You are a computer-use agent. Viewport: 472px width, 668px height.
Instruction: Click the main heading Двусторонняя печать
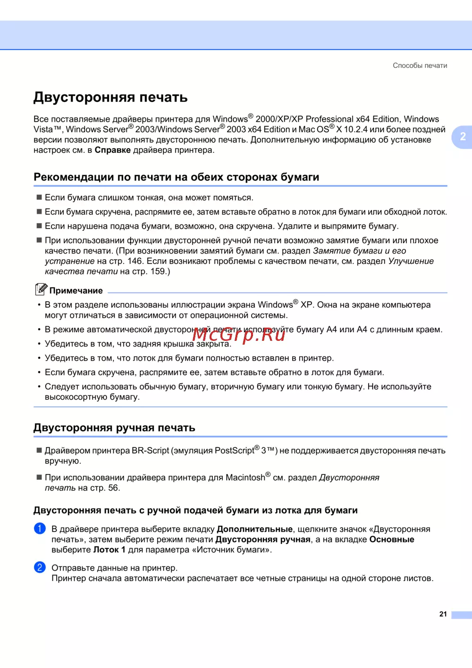(x=110, y=97)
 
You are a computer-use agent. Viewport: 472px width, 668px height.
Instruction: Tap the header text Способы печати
(x=420, y=66)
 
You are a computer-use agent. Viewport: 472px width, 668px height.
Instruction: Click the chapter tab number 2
(x=463, y=137)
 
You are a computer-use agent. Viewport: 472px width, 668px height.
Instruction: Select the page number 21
(x=443, y=614)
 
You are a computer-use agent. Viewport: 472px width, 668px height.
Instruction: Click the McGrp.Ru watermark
(x=239, y=334)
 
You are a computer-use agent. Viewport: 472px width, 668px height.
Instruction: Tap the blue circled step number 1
(x=40, y=529)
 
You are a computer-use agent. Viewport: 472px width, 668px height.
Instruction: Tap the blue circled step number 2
(x=40, y=567)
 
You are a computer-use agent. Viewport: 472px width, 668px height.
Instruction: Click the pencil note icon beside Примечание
(x=41, y=289)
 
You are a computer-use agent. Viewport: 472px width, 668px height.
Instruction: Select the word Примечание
(x=76, y=291)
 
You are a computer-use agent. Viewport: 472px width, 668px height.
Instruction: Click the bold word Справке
(x=112, y=150)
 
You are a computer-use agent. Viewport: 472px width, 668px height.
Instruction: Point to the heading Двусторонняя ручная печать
(x=114, y=428)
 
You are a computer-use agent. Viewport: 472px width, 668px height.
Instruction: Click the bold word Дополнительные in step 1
(x=254, y=529)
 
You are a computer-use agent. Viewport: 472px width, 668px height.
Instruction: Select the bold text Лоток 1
(x=109, y=550)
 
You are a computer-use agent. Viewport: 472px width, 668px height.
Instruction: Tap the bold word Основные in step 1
(x=391, y=539)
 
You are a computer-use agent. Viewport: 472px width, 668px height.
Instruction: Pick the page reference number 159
(x=158, y=271)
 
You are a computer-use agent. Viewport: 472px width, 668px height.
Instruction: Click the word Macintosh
(x=245, y=478)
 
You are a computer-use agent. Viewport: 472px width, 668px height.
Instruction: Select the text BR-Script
(x=150, y=451)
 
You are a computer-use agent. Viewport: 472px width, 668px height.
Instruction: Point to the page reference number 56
(x=113, y=488)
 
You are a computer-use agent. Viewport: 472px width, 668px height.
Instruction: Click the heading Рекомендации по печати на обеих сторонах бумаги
(x=176, y=177)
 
